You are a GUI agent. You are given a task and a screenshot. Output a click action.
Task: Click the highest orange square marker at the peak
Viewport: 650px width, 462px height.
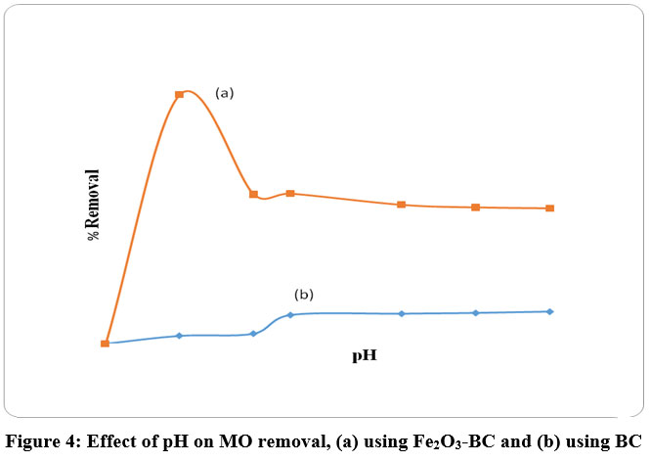179,95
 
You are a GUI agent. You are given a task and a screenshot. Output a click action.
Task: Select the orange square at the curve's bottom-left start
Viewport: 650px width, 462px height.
105,344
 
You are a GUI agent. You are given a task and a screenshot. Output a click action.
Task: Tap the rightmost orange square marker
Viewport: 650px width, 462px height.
550,208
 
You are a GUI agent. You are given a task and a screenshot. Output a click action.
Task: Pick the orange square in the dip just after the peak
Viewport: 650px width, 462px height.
253,194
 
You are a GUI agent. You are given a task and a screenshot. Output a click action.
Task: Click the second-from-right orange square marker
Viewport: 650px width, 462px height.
476,208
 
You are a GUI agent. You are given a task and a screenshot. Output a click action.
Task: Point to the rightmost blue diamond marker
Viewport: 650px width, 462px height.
550,311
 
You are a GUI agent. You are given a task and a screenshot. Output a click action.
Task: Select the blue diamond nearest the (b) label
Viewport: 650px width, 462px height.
290,314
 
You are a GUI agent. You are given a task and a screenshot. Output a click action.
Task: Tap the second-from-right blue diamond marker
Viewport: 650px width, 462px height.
476,312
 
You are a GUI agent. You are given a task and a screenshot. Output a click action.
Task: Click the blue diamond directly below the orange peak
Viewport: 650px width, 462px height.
179,336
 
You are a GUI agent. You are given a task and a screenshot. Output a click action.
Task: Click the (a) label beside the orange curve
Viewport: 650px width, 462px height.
225,93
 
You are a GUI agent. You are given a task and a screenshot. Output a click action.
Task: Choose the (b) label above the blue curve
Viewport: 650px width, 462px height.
304,295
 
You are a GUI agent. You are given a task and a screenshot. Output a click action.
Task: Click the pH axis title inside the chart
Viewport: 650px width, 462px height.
365,356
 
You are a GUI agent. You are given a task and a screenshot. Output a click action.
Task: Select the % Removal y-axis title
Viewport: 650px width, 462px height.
94,205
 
